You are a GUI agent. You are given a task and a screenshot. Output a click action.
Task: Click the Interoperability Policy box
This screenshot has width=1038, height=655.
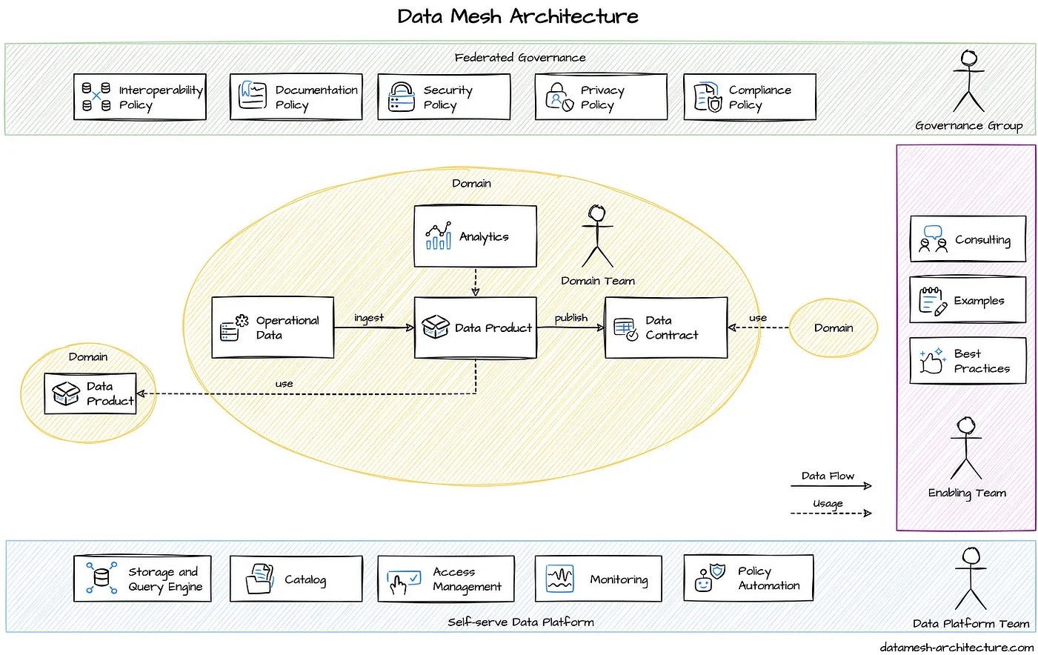click(140, 97)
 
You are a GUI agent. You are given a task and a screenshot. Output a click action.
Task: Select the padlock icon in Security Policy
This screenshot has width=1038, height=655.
click(402, 97)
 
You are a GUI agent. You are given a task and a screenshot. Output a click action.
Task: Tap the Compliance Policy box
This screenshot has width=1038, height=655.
click(749, 97)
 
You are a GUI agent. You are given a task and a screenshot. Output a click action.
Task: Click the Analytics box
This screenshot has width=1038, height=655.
click(475, 236)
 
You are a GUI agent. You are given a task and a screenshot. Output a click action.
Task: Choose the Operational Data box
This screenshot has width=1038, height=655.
click(273, 327)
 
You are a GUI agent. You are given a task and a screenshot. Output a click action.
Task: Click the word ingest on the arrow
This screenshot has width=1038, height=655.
click(369, 318)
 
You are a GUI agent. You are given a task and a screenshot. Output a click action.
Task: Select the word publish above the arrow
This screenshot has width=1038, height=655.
click(570, 318)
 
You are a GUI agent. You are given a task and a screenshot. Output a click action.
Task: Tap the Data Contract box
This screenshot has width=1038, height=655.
click(666, 327)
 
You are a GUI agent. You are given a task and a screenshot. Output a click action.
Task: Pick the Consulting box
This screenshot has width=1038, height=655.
click(968, 239)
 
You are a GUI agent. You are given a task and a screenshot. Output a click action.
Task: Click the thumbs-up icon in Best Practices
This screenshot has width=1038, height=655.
click(931, 362)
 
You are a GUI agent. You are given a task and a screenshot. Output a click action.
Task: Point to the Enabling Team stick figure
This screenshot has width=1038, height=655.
click(966, 448)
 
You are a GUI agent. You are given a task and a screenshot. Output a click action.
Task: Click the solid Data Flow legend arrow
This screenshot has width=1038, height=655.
click(831, 486)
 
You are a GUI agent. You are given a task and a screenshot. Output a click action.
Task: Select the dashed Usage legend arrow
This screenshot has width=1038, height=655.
click(831, 513)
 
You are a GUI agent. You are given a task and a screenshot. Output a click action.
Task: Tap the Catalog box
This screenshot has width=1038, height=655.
click(296, 579)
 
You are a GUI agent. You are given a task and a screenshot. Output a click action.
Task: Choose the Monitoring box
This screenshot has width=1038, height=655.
click(598, 579)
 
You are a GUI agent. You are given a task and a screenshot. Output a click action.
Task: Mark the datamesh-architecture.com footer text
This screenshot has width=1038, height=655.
click(957, 647)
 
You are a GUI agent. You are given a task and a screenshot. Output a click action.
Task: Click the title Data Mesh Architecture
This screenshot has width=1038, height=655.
click(517, 16)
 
